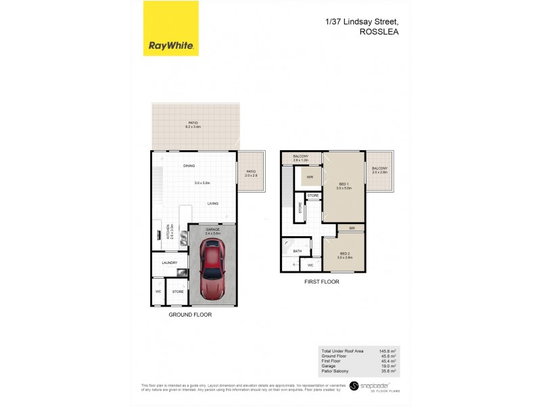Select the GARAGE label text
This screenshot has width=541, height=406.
pos(214,229)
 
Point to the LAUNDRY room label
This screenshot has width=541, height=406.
pos(170,263)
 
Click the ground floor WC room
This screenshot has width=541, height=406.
pos(158,292)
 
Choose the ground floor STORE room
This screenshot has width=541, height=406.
pos(178,292)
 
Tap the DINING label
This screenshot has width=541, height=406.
pos(189,166)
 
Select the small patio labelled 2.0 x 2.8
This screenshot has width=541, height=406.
pos(250,173)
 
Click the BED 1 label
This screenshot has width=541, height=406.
pos(344,185)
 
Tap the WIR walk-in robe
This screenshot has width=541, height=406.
pos(310,177)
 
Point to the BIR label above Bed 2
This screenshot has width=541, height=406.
pos(352,229)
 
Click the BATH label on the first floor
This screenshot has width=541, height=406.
pos(297,251)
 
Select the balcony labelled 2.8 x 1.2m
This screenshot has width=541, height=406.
pos(301,158)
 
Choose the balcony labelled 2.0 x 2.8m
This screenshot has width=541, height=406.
pos(379,170)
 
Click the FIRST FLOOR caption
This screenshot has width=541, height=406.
pos(321,281)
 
